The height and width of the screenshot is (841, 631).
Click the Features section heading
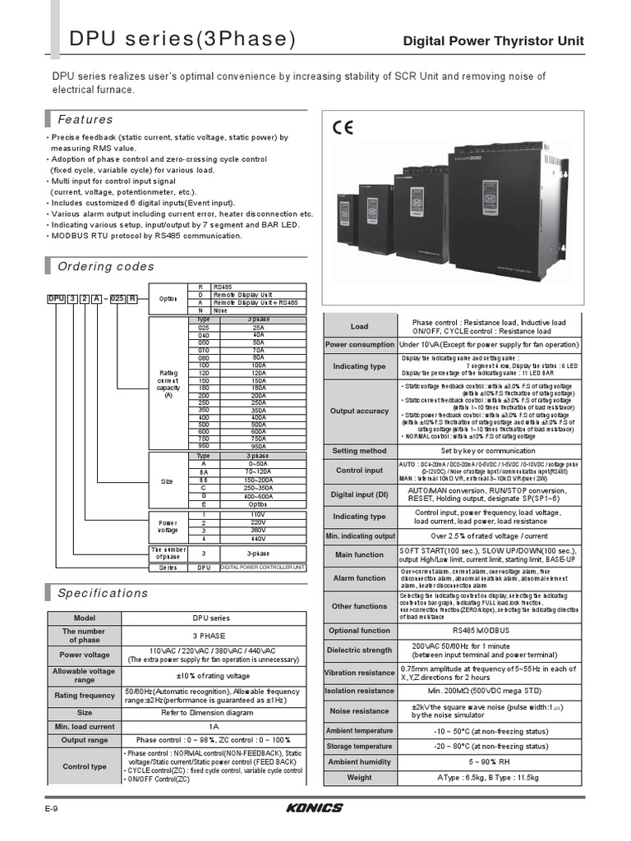point(85,119)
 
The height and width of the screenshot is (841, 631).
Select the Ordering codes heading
point(105,266)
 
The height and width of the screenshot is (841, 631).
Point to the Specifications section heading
point(103,593)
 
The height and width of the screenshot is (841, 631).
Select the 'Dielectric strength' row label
point(360,650)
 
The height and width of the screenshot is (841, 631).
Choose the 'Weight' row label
point(360,777)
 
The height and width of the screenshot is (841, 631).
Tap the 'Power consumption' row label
point(360,345)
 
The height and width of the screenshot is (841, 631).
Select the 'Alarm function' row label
point(360,578)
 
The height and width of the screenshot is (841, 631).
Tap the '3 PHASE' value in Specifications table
point(210,636)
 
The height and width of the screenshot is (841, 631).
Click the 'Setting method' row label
point(360,451)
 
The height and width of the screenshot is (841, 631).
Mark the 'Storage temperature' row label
point(360,747)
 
